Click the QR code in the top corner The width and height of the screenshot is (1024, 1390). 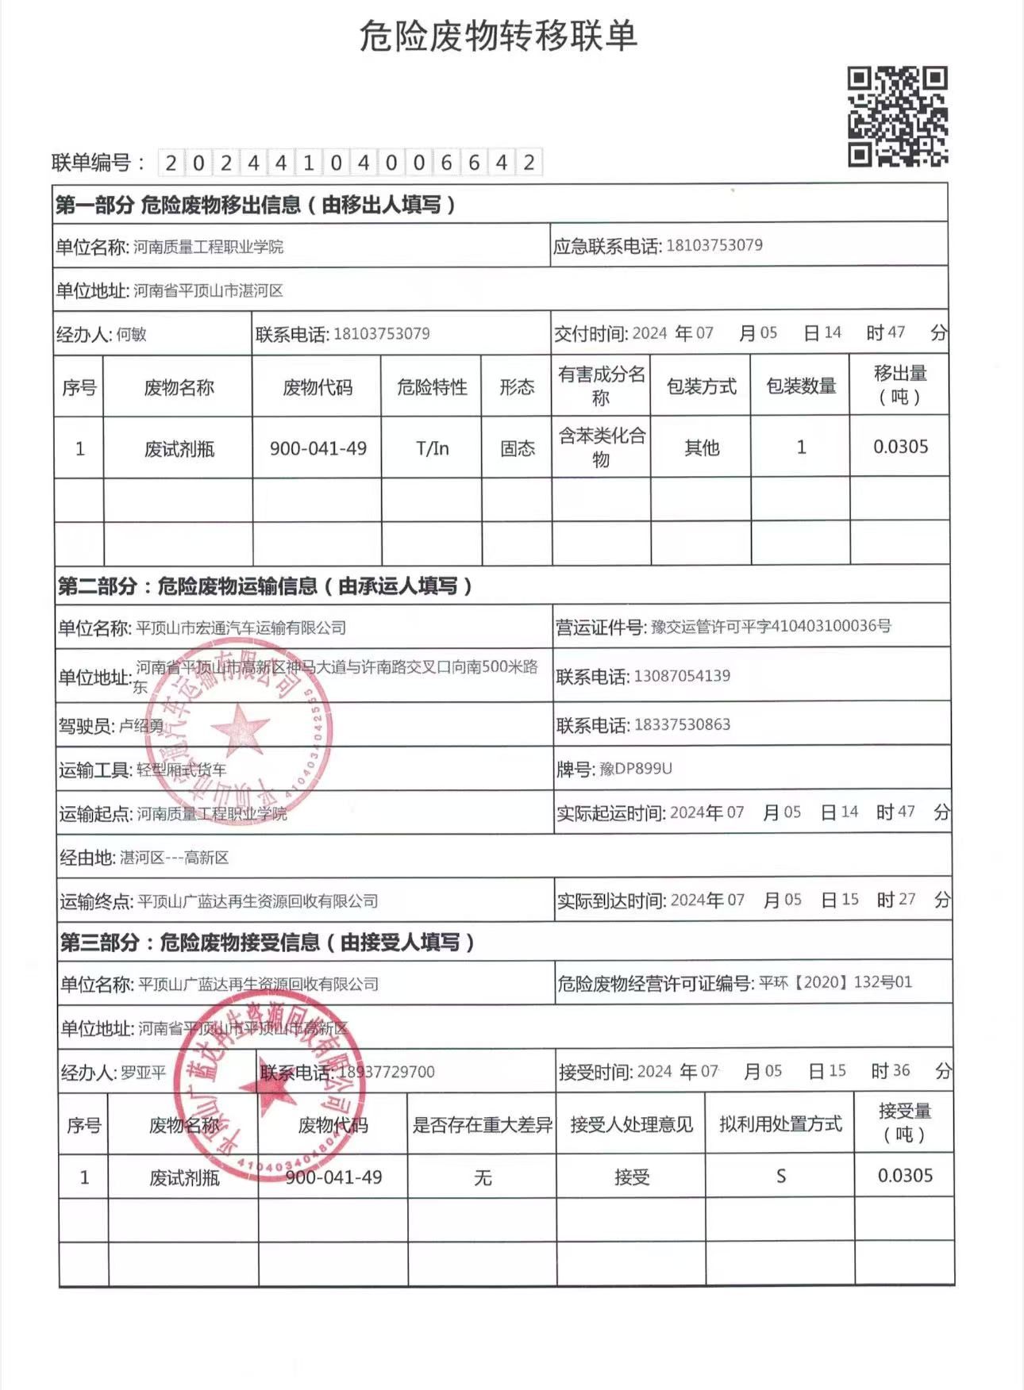tap(898, 117)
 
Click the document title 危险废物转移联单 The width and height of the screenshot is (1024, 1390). tap(499, 36)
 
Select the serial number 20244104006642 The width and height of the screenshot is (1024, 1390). tap(350, 163)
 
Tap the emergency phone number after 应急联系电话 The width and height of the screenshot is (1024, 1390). tap(714, 245)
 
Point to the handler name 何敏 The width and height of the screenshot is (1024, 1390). tap(131, 335)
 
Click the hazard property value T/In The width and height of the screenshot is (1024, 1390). tap(432, 448)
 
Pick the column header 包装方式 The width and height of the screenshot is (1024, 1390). tap(701, 386)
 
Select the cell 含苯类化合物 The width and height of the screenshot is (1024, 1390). tap(601, 447)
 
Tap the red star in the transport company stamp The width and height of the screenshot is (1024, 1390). tap(239, 728)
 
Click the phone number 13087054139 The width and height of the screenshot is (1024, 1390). tap(682, 676)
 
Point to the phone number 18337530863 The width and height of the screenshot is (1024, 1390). tap(682, 724)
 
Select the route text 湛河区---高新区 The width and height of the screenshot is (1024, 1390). tap(174, 858)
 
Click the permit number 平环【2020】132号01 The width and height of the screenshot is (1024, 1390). tap(835, 982)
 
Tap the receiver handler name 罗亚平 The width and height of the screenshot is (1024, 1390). tap(144, 1073)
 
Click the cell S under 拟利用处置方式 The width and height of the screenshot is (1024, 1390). tap(780, 1176)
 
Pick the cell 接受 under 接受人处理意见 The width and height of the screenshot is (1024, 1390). tap(632, 1177)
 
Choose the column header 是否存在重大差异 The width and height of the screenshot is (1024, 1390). tap(482, 1124)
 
